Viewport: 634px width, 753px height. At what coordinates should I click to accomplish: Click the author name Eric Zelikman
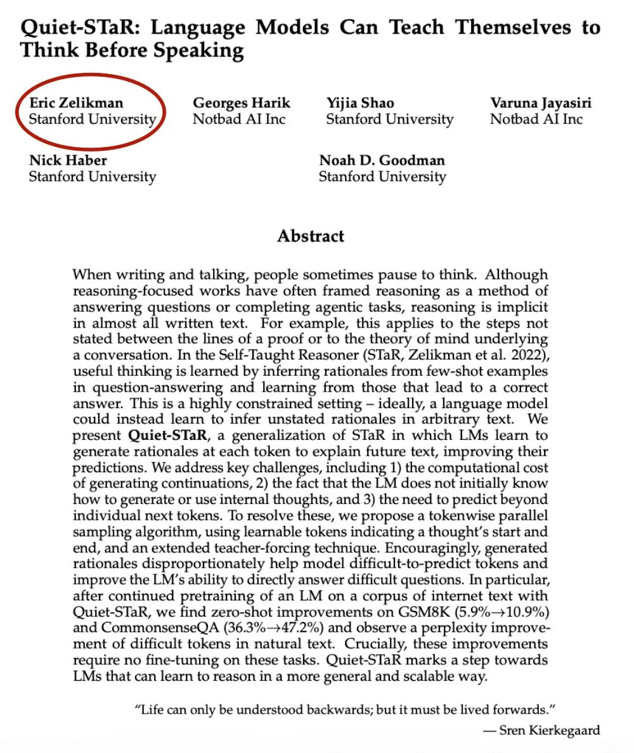point(76,103)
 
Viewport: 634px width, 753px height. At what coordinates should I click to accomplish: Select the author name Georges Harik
point(242,103)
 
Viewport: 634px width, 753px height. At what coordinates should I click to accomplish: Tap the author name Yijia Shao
point(360,103)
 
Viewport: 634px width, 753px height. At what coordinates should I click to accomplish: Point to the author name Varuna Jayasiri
point(541,103)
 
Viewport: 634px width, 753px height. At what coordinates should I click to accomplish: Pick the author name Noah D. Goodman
point(382,160)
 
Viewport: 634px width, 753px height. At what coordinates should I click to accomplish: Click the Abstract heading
point(311,236)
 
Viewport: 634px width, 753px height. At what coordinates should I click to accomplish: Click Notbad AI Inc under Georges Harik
point(240,119)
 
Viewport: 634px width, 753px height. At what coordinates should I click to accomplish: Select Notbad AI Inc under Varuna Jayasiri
point(536,119)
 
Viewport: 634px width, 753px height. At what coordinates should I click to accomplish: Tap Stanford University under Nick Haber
point(93,176)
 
